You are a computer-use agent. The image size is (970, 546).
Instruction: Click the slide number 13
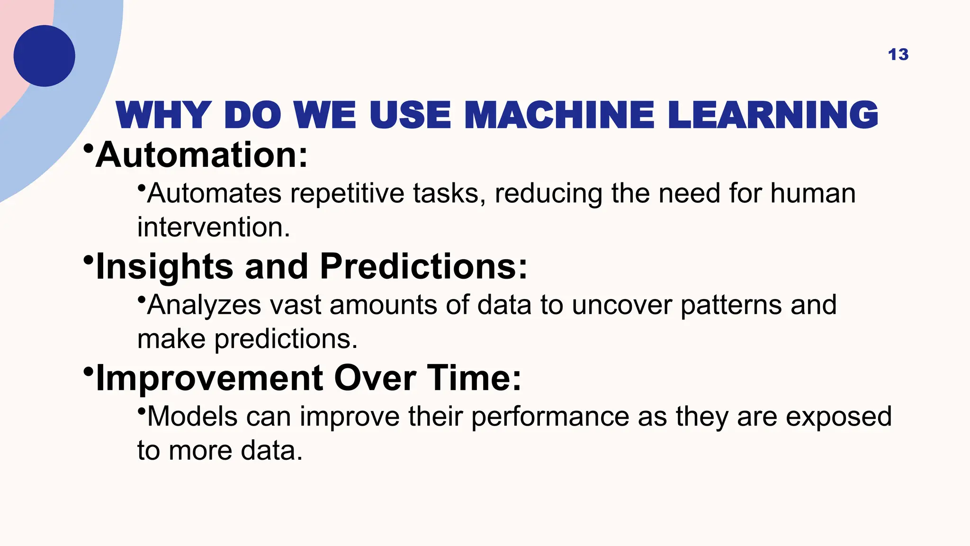(x=898, y=55)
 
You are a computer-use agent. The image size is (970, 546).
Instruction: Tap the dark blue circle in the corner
(x=44, y=56)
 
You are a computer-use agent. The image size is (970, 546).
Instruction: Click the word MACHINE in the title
(x=559, y=115)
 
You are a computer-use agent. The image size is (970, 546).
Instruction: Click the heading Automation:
(x=202, y=155)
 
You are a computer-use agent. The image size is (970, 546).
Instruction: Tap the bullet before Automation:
(x=88, y=148)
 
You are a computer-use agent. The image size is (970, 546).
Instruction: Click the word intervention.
(x=213, y=227)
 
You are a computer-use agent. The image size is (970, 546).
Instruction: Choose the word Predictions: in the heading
(x=423, y=266)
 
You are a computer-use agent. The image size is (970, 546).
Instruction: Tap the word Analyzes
(x=204, y=305)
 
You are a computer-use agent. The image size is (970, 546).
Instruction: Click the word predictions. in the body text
(x=286, y=339)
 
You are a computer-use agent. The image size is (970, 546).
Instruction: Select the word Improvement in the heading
(x=209, y=378)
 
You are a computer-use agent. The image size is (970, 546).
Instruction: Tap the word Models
(x=192, y=417)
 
